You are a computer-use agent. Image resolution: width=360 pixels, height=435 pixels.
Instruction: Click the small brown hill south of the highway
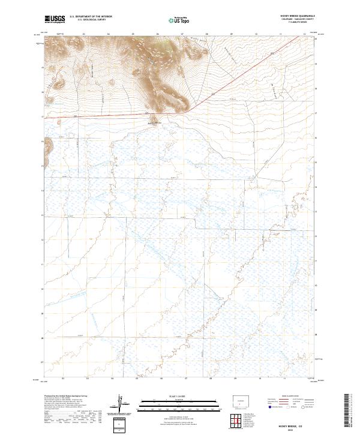click(154, 118)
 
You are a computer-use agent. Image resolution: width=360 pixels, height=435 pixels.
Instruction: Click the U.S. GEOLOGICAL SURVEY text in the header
click(87, 20)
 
